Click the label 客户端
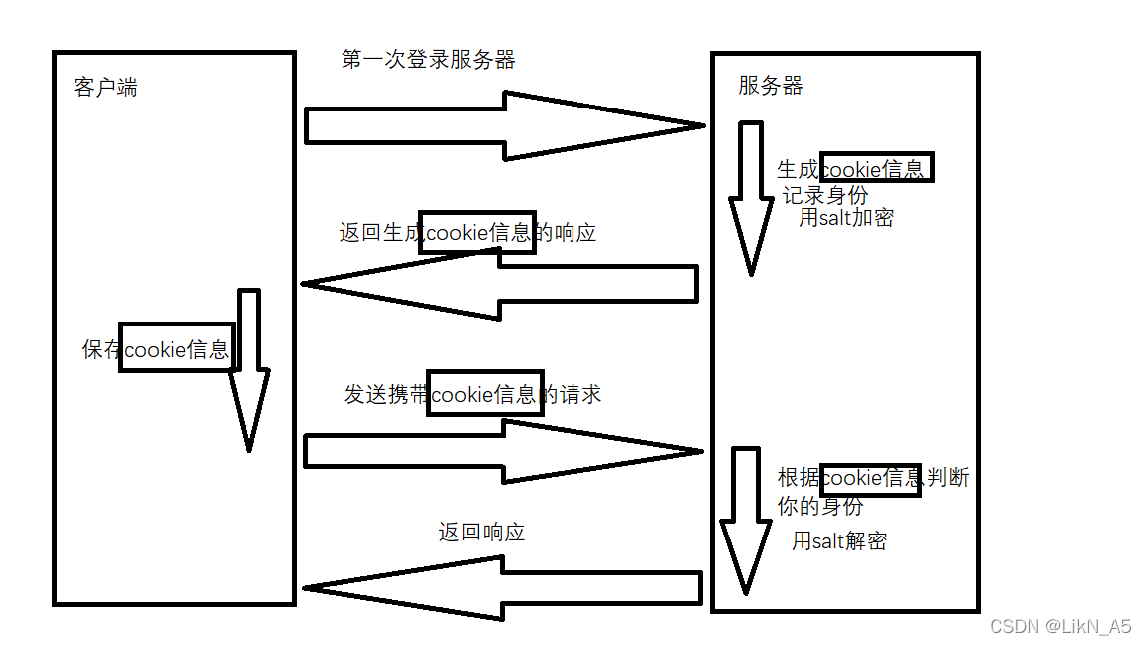click(x=106, y=88)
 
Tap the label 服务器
click(x=770, y=86)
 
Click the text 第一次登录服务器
click(x=428, y=60)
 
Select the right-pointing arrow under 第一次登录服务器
click(x=503, y=125)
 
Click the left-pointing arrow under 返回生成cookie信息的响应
click(x=498, y=284)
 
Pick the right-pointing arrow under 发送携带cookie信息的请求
click(x=503, y=451)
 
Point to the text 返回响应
click(x=481, y=533)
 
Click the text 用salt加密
click(x=846, y=218)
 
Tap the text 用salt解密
click(x=839, y=541)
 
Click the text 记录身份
click(x=824, y=195)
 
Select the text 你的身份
click(x=819, y=506)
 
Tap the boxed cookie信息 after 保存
click(x=177, y=348)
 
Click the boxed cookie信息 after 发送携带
click(x=485, y=394)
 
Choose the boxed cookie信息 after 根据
click(x=870, y=478)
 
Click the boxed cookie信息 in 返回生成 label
click(x=477, y=233)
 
